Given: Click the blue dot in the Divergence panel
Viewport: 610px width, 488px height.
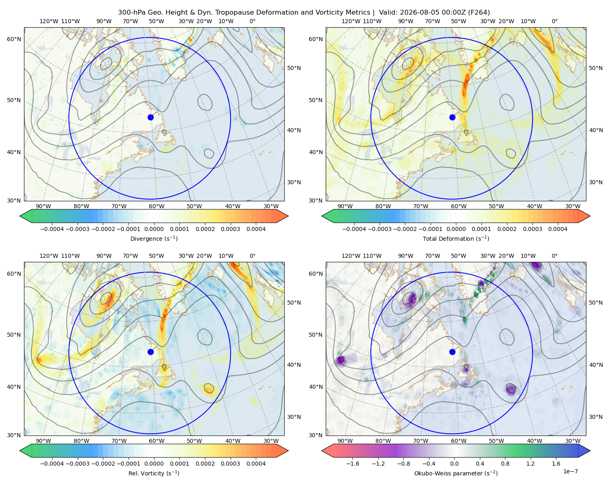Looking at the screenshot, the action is [x=150, y=117].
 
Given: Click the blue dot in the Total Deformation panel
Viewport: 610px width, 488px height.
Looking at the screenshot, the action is [x=452, y=117].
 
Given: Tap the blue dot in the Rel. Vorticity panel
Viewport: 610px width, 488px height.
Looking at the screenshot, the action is [x=150, y=352].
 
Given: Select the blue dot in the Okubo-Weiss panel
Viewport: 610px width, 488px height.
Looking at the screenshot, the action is [x=452, y=352].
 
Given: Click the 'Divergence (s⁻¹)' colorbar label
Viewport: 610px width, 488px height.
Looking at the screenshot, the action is [x=154, y=238].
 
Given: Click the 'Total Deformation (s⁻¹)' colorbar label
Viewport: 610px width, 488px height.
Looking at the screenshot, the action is [x=456, y=238].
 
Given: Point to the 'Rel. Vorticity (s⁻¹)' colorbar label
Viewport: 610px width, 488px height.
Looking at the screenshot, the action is [x=154, y=473].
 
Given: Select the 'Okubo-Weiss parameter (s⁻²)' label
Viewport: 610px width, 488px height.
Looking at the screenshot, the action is [x=456, y=473].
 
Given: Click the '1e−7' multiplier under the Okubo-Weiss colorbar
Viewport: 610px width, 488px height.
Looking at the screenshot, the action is [x=570, y=471].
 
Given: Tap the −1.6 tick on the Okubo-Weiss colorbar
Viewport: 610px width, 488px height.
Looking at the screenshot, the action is [x=353, y=463].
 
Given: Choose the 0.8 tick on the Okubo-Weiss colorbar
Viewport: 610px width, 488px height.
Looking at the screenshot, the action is [x=505, y=463].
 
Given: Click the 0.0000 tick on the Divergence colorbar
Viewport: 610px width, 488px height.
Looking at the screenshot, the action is [x=154, y=229].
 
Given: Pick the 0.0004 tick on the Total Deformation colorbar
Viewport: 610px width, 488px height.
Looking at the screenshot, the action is [x=558, y=229].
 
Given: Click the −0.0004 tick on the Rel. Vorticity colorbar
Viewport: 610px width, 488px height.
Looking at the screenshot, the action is [x=52, y=463].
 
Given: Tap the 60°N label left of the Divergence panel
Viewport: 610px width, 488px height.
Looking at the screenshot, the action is [x=14, y=39].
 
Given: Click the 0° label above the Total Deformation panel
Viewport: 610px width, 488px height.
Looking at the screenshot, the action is [x=554, y=21].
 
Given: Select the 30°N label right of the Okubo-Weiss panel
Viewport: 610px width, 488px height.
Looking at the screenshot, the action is [x=595, y=416].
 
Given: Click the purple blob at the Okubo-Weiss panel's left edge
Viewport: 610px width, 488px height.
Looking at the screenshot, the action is [x=341, y=360].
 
